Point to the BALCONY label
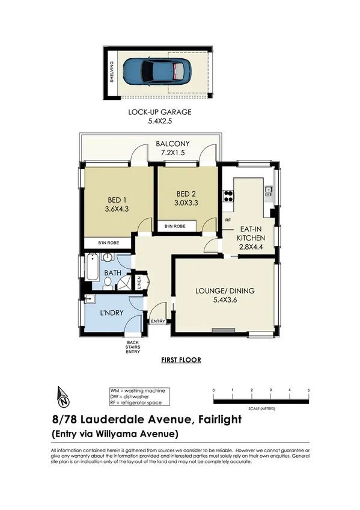tap(172, 144)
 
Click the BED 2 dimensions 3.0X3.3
tap(187, 203)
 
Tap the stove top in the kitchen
tap(228, 195)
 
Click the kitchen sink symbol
tap(269, 192)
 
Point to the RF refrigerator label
tap(228, 221)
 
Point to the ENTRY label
tap(157, 322)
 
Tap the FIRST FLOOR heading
tap(181, 360)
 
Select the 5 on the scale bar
tap(308, 390)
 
